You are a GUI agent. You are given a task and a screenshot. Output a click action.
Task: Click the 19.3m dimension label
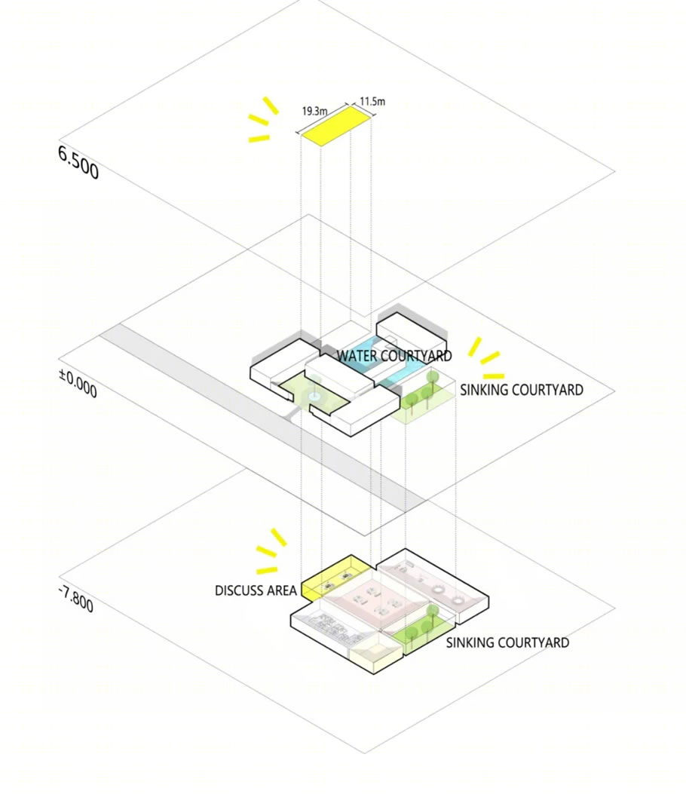(x=314, y=111)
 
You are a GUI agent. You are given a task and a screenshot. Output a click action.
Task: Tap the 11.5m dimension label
(x=372, y=101)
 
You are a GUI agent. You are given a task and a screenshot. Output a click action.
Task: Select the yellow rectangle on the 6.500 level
(x=335, y=126)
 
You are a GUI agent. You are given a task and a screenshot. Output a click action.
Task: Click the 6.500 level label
(x=78, y=162)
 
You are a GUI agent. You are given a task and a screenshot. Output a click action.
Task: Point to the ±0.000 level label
(x=78, y=384)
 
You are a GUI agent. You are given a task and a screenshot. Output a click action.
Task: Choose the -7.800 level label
(x=76, y=599)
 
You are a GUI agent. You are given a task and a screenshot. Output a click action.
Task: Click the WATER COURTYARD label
(x=394, y=356)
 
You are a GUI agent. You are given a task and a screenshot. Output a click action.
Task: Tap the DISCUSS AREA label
(x=256, y=591)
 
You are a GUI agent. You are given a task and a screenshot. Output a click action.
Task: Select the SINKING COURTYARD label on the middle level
(x=522, y=390)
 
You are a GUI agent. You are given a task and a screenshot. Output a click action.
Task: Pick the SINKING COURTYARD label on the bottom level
(x=507, y=642)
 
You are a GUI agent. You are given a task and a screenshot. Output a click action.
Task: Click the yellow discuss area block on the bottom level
(x=337, y=578)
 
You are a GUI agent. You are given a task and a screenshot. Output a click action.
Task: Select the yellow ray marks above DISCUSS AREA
(x=271, y=551)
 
